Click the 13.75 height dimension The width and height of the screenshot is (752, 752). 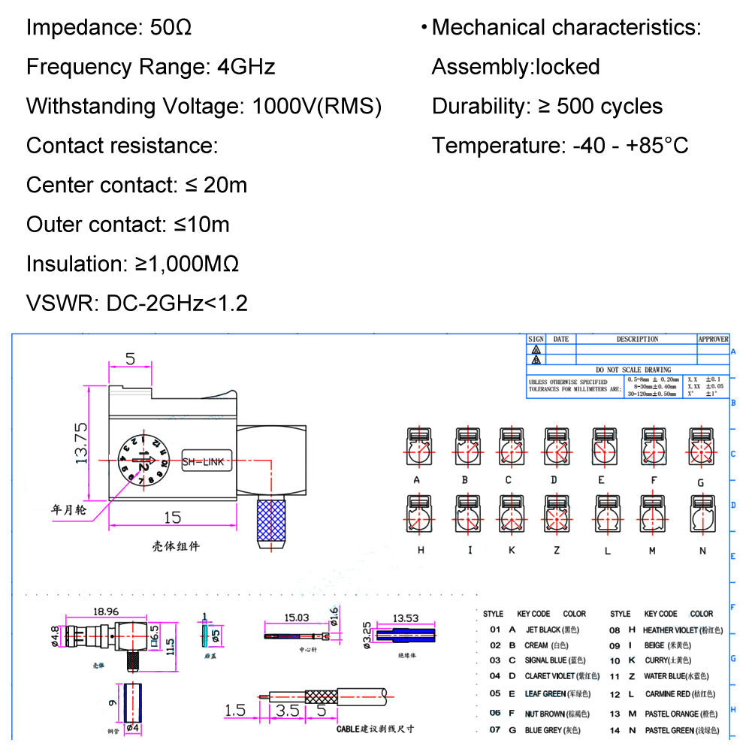tap(82, 443)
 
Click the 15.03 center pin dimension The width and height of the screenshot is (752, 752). tap(296, 618)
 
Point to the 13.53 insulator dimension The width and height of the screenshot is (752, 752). tap(405, 618)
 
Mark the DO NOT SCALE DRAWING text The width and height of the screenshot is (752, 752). tap(633, 370)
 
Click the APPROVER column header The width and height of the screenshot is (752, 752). tap(713, 340)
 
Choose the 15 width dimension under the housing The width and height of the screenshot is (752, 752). tap(172, 517)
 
